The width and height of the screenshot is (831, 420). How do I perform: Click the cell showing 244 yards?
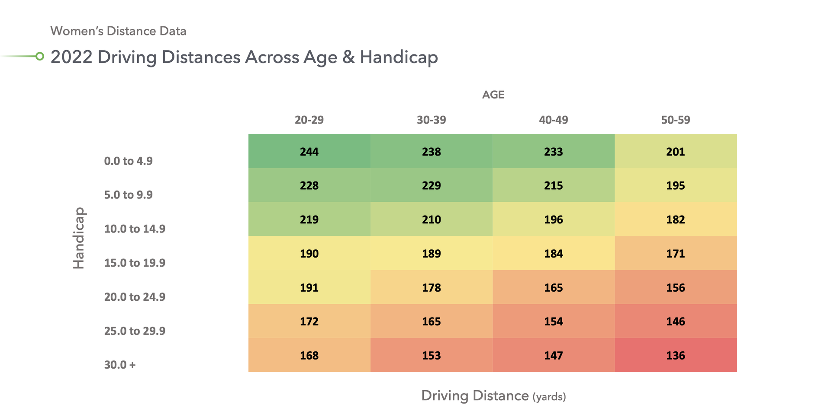pos(309,152)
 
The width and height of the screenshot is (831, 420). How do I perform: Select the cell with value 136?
pos(675,356)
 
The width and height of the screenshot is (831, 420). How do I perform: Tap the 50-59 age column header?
pos(675,120)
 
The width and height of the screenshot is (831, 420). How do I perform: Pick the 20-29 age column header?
pos(309,120)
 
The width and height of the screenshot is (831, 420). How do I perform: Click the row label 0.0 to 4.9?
pos(128,161)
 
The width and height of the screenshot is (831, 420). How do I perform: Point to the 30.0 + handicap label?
pos(120,365)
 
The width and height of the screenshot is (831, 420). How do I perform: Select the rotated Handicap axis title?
pos(79,238)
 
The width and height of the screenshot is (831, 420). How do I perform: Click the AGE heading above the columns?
pos(493,95)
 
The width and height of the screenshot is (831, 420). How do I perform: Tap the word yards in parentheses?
pos(549,397)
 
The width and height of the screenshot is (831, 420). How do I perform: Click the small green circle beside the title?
pos(40,56)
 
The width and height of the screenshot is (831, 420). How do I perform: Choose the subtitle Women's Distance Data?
pos(118,31)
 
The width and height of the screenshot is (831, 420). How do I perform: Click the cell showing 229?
pos(431,186)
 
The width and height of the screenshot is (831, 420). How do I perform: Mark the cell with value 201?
pos(675,152)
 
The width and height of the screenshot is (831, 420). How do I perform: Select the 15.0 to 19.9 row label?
pos(135,263)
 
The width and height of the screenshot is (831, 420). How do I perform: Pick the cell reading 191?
pos(309,288)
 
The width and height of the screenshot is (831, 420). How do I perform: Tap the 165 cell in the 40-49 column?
pos(553,288)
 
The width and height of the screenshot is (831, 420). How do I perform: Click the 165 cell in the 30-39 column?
pos(431,321)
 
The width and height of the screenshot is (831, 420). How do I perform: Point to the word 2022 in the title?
pos(71,57)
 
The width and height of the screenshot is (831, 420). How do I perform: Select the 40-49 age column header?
pos(553,120)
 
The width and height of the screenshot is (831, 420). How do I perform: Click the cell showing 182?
pos(675,220)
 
